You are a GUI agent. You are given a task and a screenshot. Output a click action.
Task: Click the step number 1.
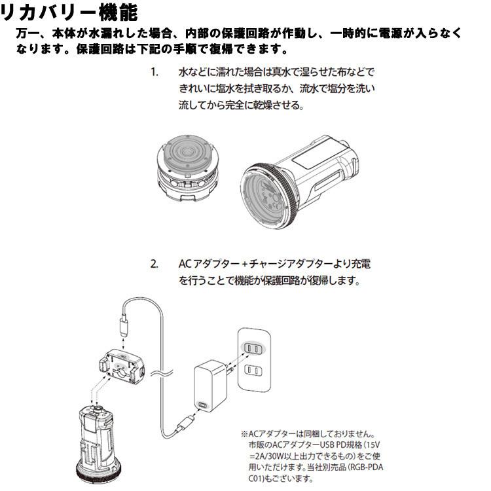(x=155, y=71)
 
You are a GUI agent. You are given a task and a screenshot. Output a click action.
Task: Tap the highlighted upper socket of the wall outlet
(x=254, y=349)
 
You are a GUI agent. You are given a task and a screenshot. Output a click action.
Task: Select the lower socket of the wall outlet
(x=254, y=371)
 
